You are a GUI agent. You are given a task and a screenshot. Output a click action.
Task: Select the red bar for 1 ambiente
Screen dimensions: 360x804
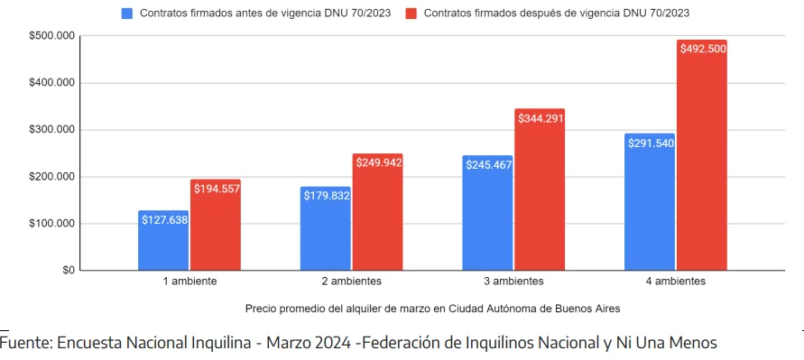point(215,230)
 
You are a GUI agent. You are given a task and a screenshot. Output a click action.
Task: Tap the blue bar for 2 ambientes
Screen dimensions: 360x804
point(326,235)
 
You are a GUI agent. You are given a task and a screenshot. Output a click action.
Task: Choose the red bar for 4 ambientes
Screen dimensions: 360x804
point(701,162)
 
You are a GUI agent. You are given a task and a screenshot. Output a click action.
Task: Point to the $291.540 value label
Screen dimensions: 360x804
point(650,143)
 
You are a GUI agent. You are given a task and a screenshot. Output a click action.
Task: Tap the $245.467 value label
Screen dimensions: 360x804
point(488,164)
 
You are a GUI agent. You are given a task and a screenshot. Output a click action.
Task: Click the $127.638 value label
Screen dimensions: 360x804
point(163,219)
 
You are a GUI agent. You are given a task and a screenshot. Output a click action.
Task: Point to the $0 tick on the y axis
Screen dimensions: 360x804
point(69,270)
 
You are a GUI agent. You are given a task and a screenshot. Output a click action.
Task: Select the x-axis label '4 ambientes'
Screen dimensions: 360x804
point(675,282)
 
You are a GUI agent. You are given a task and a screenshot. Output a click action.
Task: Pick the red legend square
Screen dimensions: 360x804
point(411,14)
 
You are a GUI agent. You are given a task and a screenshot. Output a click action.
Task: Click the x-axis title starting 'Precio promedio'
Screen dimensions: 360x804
point(432,308)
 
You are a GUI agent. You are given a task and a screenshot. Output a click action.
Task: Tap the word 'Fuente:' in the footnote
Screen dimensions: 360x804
point(26,343)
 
